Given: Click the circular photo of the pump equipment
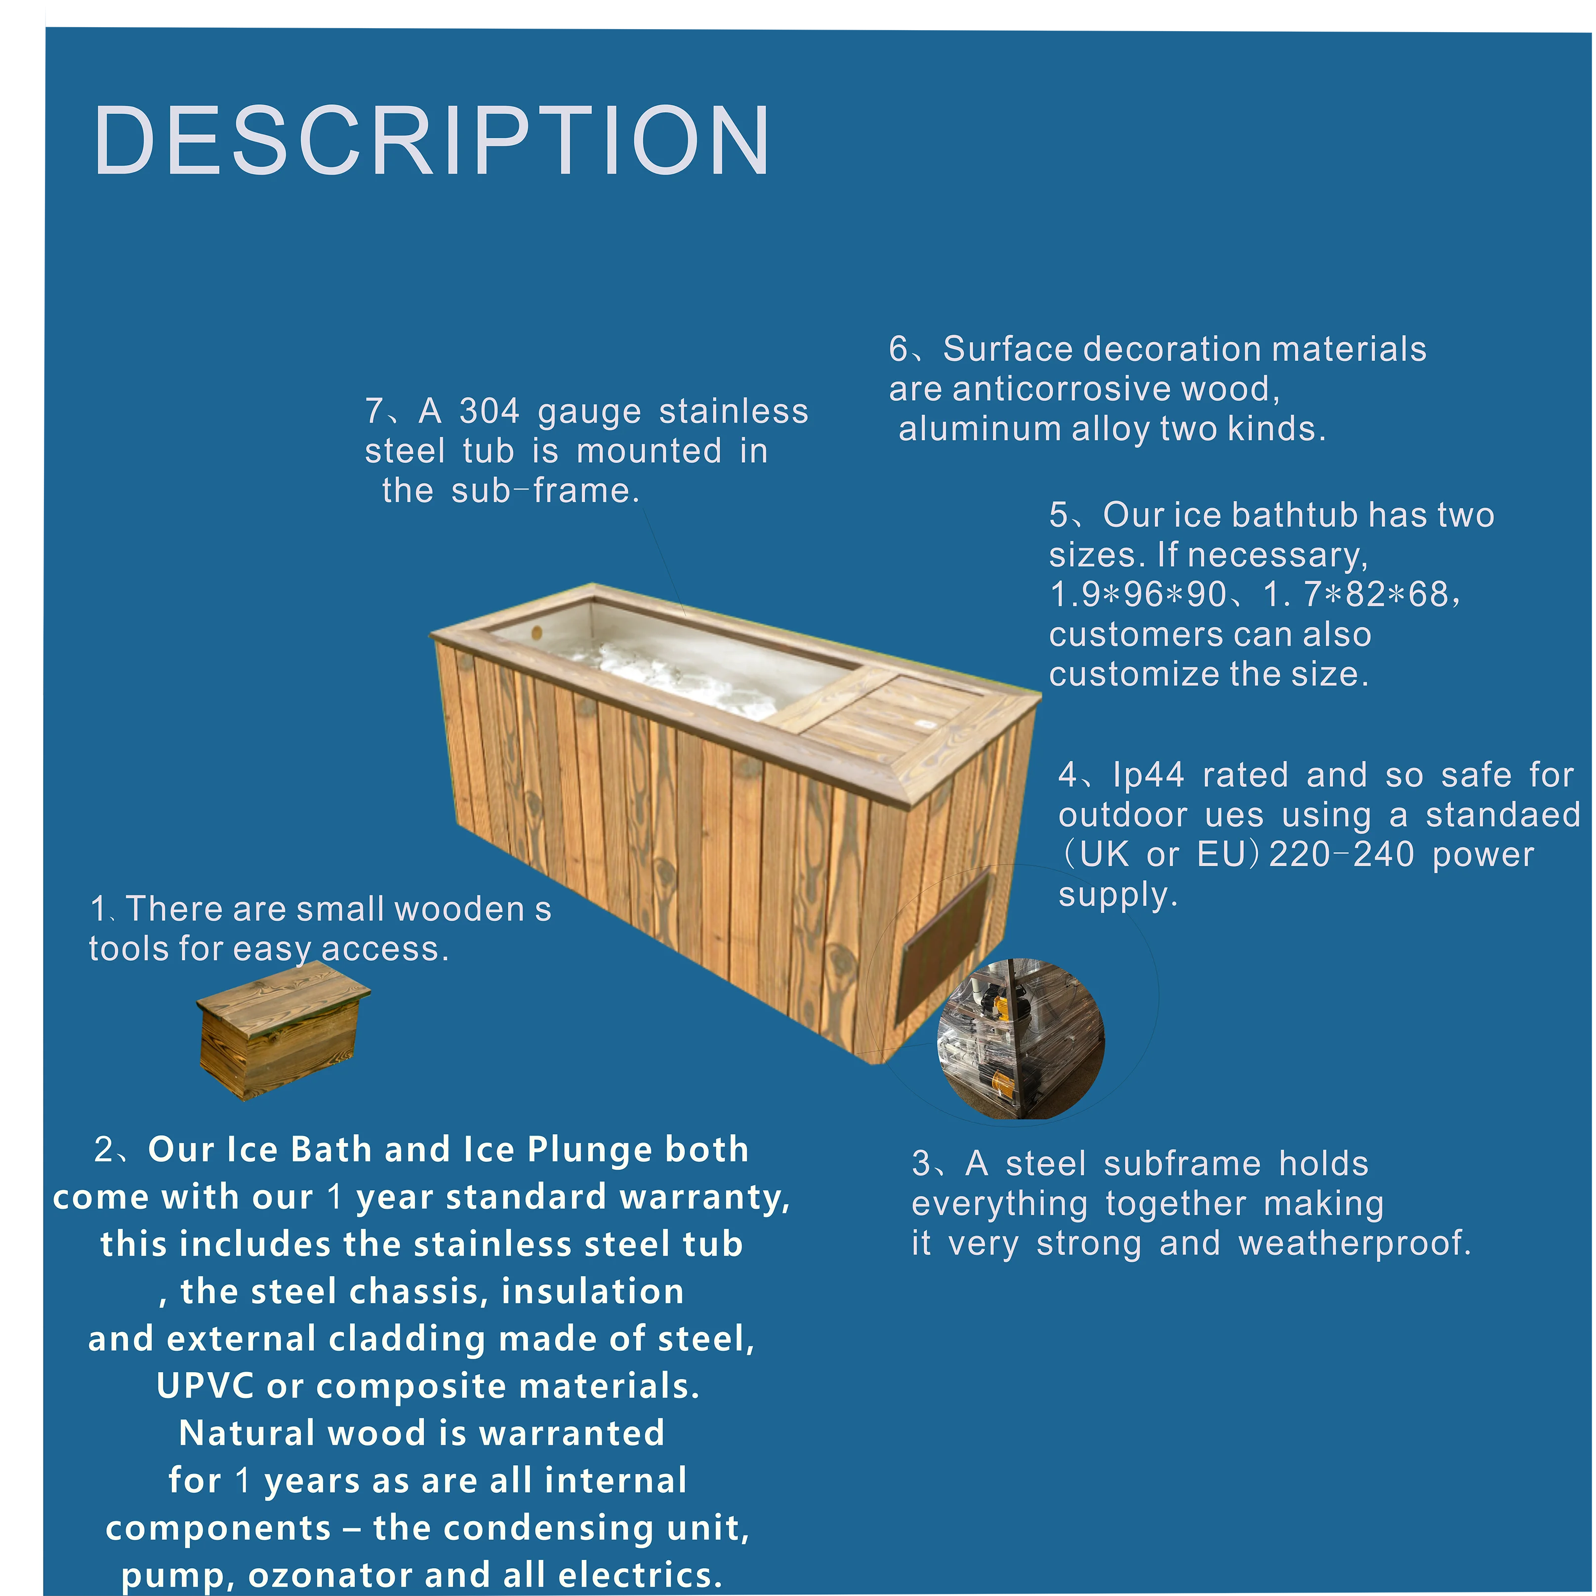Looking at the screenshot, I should (x=1021, y=1039).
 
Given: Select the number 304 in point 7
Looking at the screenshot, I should (x=489, y=411).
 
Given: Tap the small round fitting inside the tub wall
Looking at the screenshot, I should (x=537, y=633).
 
